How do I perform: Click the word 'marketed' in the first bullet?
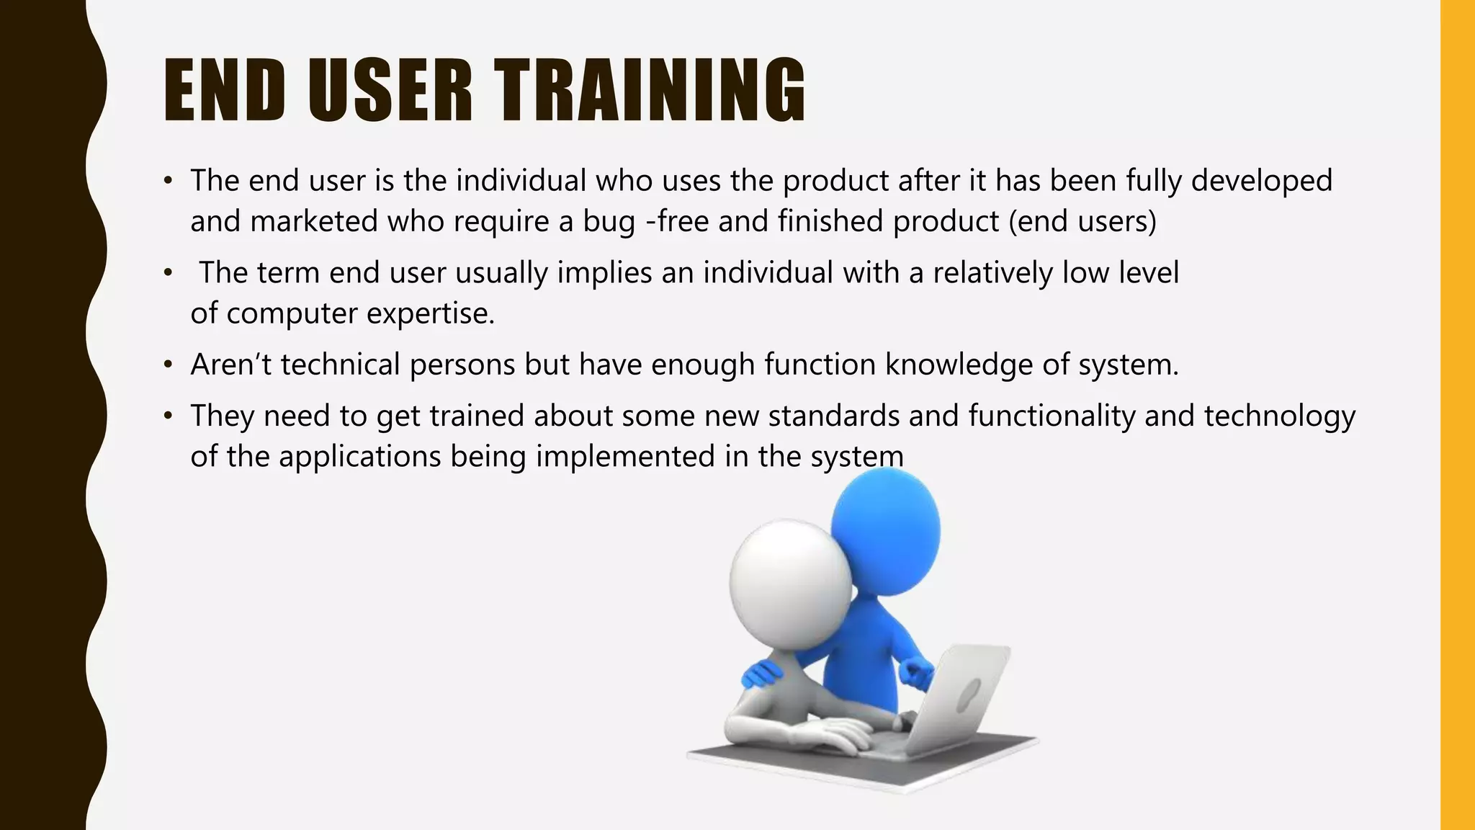[314, 221]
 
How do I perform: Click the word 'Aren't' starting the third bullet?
[230, 365]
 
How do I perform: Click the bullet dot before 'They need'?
[168, 416]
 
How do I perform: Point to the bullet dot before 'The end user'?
[168, 181]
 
